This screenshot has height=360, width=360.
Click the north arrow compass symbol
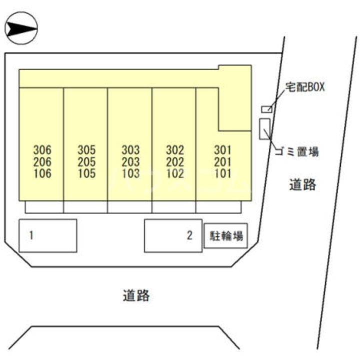[21, 28]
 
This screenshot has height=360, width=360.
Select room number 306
[42, 150]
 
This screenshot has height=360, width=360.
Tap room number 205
[86, 162]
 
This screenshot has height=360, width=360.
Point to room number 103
[131, 173]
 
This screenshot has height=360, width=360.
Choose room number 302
[175, 150]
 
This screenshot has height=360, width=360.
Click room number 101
[222, 173]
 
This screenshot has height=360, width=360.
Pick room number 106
[42, 173]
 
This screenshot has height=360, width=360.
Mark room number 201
[222, 162]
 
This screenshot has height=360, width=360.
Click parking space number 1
[48, 236]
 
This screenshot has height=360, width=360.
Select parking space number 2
[173, 236]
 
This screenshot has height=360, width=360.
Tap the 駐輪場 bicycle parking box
[226, 236]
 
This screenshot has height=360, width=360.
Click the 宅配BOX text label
[305, 87]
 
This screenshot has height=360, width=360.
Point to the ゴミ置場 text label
[297, 151]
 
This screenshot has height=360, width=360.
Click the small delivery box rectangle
[267, 109]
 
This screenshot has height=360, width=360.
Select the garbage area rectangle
[264, 129]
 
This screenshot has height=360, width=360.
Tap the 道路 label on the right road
[302, 184]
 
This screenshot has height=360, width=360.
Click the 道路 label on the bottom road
[136, 295]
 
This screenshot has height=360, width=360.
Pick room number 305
[86, 150]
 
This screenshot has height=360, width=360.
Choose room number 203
[131, 162]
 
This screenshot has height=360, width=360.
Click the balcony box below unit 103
[129, 207]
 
